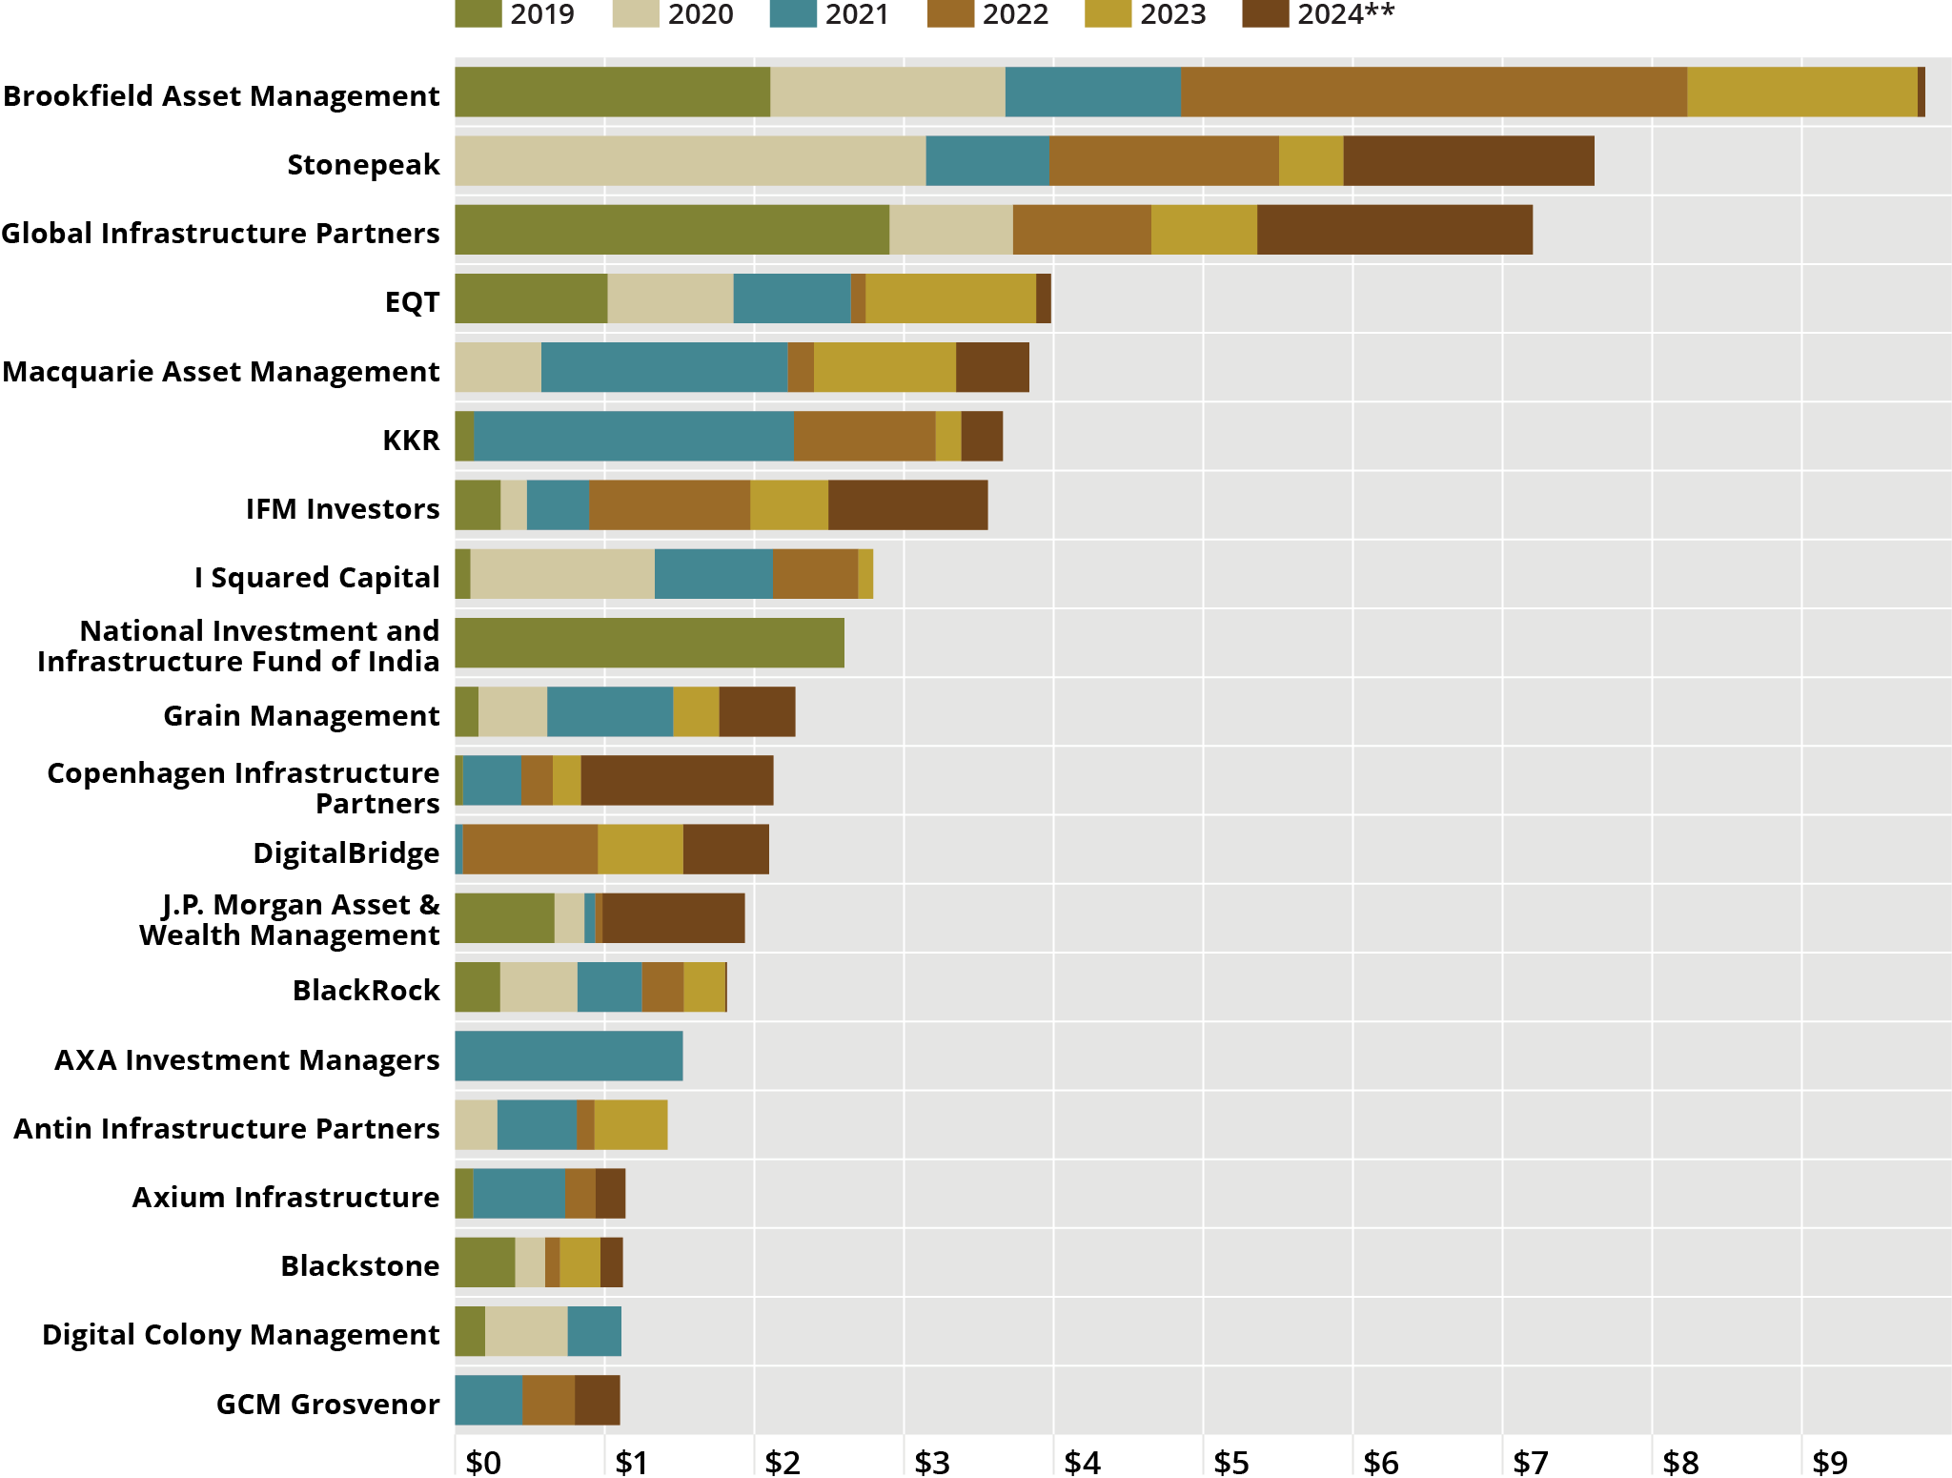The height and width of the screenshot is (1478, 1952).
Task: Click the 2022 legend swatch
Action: pos(949,14)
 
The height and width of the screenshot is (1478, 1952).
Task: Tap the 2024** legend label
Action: pos(1345,14)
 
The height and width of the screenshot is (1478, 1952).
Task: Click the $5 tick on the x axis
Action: pos(1230,1462)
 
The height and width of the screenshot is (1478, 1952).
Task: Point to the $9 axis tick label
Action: pos(1829,1462)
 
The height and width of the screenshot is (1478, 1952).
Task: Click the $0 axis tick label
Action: pos(483,1462)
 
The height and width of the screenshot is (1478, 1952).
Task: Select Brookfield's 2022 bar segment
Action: pos(1433,92)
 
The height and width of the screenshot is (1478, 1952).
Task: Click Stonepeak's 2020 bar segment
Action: pos(690,161)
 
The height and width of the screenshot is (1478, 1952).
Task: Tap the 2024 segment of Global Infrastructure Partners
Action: pos(1394,230)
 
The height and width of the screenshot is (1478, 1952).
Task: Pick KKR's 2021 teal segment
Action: pos(634,437)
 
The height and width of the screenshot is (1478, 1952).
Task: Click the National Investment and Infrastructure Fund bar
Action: pos(649,643)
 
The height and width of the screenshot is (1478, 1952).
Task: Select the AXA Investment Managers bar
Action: pos(569,1056)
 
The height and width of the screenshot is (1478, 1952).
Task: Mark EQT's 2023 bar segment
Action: pos(950,298)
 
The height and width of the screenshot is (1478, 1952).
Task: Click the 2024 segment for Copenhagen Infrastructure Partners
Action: pos(677,780)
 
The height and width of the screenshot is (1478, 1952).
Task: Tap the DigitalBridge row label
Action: pos(346,852)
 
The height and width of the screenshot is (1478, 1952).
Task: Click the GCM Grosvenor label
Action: pos(328,1404)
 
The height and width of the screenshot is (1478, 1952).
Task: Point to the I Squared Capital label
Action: pos(316,578)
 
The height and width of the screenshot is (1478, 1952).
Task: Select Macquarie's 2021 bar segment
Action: pos(664,367)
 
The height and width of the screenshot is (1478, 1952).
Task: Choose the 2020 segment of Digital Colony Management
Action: pos(526,1331)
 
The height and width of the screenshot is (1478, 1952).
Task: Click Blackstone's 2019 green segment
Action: pos(484,1262)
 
